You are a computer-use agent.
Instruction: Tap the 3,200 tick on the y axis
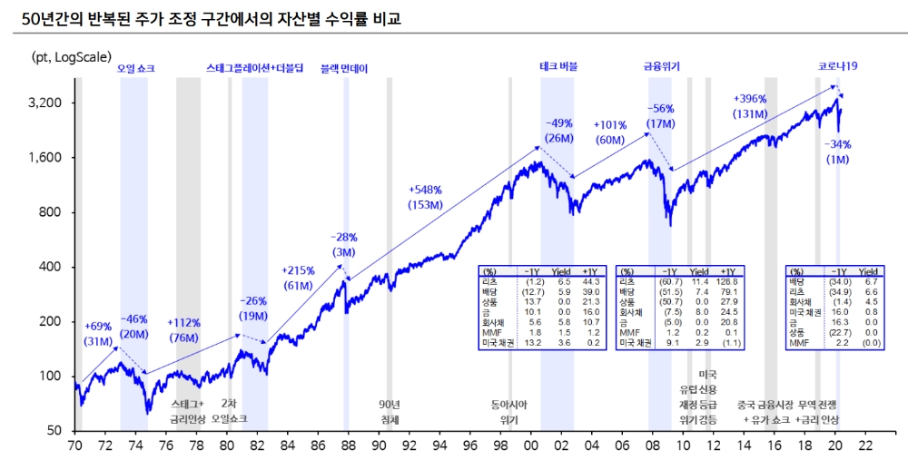[44, 103]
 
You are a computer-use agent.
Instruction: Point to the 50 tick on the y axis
[54, 431]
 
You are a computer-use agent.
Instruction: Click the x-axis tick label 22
[865, 445]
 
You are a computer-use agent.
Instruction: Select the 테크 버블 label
[558, 67]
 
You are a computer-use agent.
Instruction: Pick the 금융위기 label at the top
[662, 67]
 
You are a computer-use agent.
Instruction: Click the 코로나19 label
[838, 67]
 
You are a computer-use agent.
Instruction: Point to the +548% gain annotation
[425, 190]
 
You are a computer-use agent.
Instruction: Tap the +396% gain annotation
[750, 98]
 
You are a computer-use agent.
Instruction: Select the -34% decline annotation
[837, 144]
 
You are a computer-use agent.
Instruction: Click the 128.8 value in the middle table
[728, 282]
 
